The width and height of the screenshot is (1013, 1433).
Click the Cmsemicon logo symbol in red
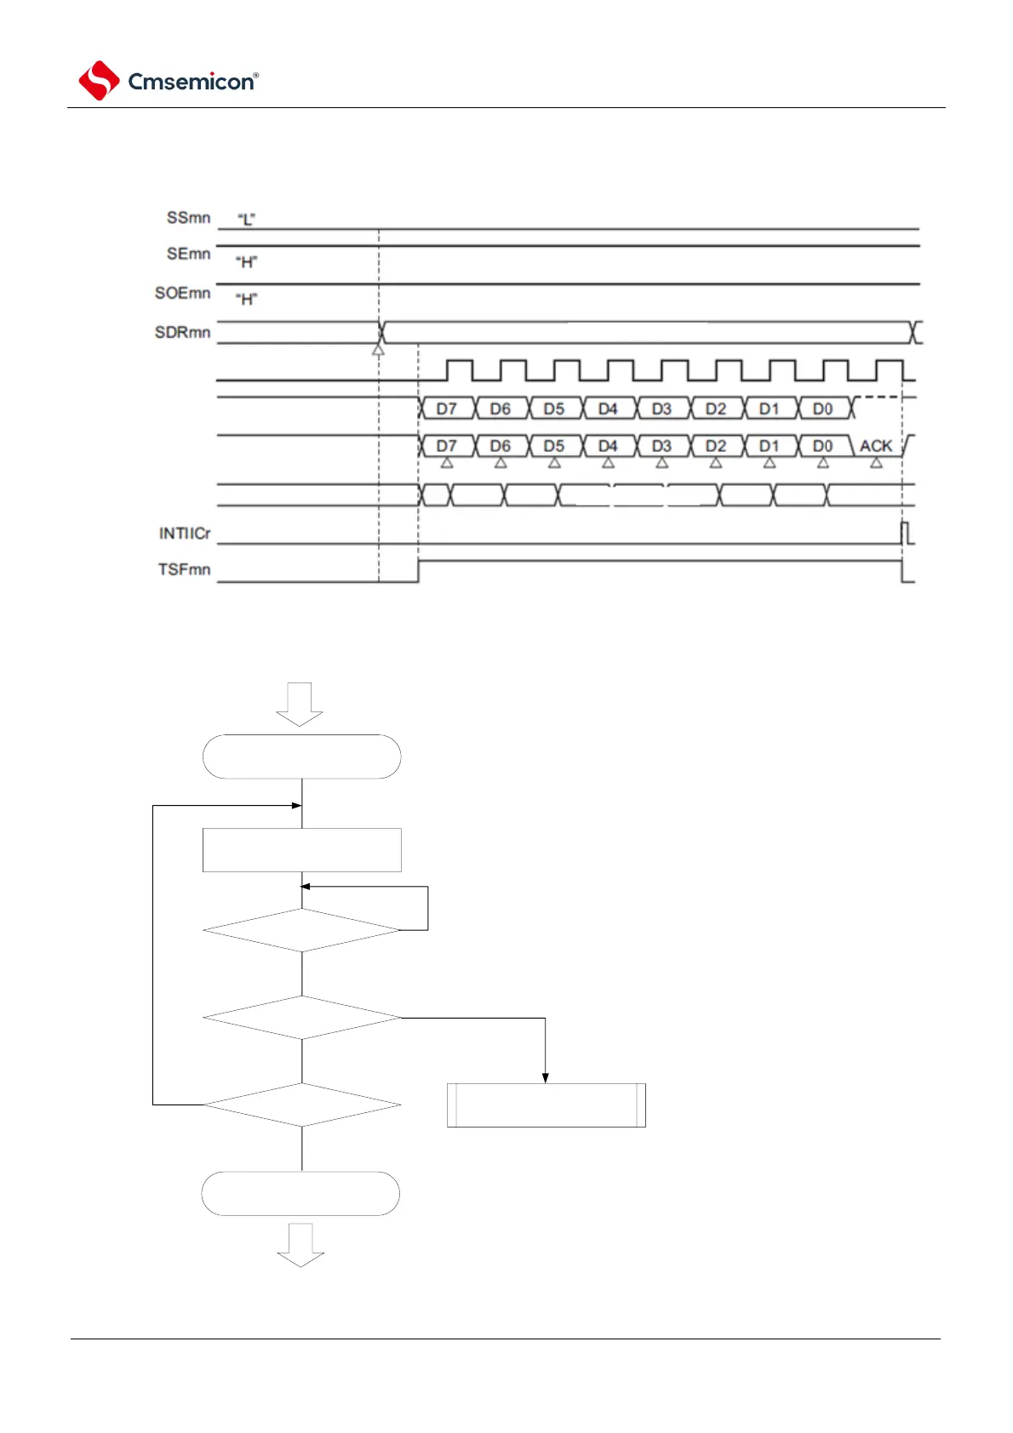tap(99, 81)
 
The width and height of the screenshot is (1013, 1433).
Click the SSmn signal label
tap(188, 218)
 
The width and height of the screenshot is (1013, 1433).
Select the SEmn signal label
tap(188, 254)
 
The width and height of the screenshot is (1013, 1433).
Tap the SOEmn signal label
tap(182, 293)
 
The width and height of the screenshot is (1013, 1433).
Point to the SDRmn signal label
tap(182, 332)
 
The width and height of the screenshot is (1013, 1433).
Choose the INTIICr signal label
tap(184, 534)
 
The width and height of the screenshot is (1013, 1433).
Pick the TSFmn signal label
tap(184, 569)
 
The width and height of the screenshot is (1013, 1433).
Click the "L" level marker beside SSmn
tap(246, 220)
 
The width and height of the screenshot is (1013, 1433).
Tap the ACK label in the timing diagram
tap(876, 446)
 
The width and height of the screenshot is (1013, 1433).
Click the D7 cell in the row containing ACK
tap(447, 446)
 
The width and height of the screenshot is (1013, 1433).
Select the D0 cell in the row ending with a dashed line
tap(823, 409)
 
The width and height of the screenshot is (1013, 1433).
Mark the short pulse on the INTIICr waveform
tap(907, 533)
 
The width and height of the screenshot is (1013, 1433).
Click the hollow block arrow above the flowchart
tap(300, 704)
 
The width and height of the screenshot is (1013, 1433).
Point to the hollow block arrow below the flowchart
tap(300, 1245)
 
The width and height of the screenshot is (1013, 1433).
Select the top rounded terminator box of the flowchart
tap(301, 756)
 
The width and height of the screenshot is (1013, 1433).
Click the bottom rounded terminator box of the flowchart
tap(300, 1193)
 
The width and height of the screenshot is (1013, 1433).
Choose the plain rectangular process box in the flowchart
tap(301, 850)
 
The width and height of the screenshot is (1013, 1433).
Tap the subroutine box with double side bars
tap(546, 1105)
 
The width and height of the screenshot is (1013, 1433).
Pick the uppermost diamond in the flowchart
tap(301, 930)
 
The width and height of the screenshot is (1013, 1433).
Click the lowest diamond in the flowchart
tap(301, 1105)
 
